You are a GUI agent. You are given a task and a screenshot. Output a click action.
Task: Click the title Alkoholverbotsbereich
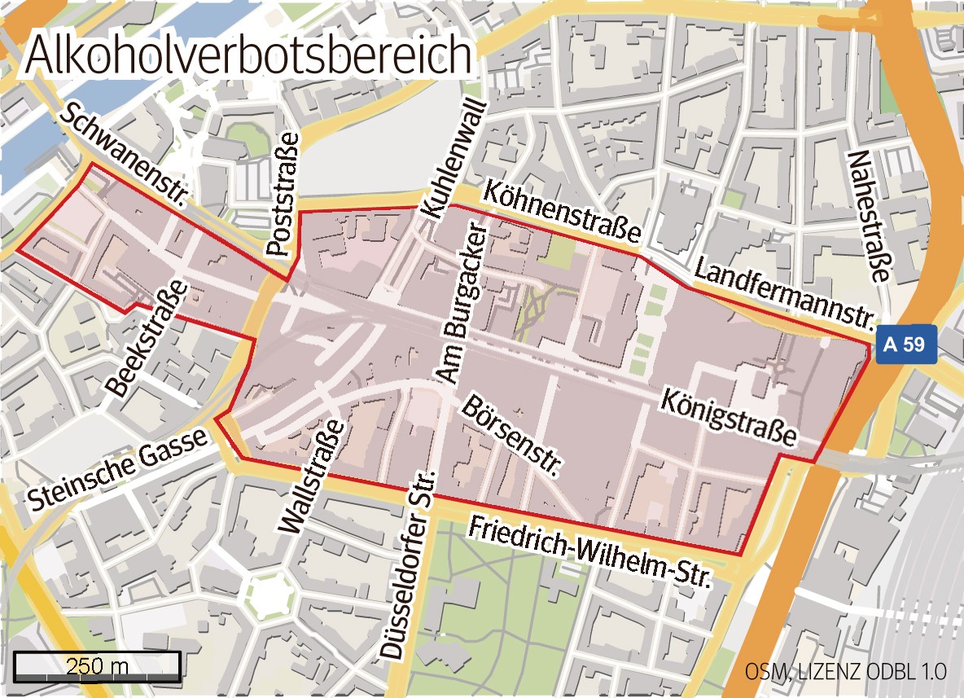(x=248, y=56)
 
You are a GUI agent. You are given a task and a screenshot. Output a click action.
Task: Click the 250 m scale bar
(x=97, y=666)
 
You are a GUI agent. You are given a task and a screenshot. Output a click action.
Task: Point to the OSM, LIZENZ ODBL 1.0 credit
(x=845, y=672)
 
